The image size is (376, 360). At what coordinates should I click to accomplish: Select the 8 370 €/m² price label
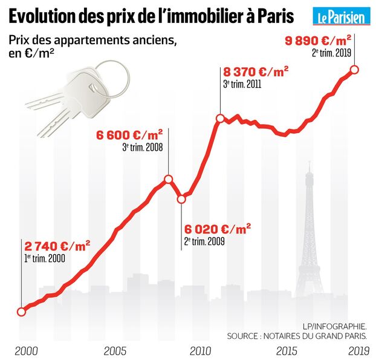coord(256,72)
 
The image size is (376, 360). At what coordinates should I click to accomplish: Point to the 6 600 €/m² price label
coord(130,134)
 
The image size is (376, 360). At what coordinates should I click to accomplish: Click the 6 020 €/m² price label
coord(218,229)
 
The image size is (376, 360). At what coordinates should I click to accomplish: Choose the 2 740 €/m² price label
coord(57,246)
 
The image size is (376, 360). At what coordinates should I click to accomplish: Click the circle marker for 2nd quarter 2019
coord(355,69)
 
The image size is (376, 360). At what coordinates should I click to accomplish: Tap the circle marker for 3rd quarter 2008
coord(169,178)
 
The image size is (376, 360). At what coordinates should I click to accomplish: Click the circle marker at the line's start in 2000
coord(22,312)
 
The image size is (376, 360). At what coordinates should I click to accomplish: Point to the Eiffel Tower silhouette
coord(310,236)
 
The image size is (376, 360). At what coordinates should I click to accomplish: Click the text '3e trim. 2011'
coord(242,85)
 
